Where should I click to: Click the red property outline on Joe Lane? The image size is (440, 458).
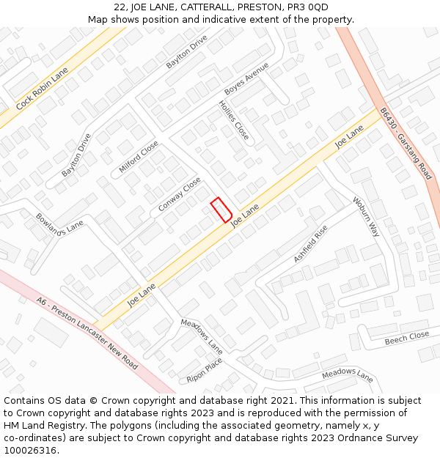click(221, 210)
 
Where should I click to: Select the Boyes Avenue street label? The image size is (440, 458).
click(247, 79)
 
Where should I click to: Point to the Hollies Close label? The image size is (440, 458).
click(234, 120)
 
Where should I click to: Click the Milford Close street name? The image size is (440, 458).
click(139, 158)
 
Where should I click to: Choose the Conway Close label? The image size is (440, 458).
click(180, 194)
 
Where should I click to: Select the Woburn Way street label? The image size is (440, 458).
click(366, 217)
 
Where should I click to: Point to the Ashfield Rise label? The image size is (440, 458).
click(310, 244)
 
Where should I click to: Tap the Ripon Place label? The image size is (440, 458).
click(205, 370)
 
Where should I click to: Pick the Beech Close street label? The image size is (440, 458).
click(407, 337)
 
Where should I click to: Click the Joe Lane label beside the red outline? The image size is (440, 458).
click(246, 215)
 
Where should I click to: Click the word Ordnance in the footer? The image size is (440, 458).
click(375, 438)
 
